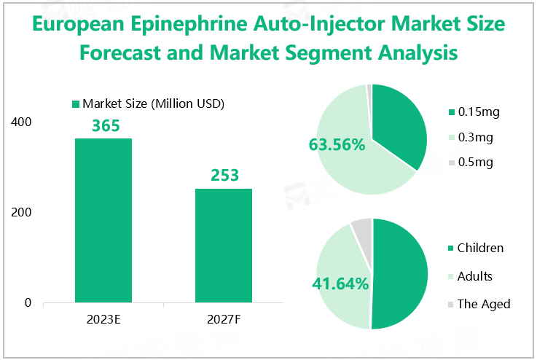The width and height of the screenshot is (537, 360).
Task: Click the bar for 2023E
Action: tap(103, 220)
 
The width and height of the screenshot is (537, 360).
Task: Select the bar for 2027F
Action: tap(224, 245)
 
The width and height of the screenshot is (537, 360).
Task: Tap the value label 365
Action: tap(106, 125)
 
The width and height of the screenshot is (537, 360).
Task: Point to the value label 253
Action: tap(224, 176)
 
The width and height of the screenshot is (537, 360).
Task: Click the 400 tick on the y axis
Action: tap(22, 122)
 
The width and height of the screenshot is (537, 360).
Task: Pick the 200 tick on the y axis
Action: tap(22, 212)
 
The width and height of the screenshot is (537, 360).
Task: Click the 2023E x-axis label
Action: tap(103, 319)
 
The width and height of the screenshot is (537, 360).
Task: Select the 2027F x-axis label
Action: tap(224, 319)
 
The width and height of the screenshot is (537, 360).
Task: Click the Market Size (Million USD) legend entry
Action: tap(147, 103)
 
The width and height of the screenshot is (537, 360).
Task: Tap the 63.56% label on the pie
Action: tap(337, 145)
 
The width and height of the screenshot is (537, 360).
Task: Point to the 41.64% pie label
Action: tap(340, 283)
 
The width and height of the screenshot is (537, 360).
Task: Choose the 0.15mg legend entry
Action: tap(477, 112)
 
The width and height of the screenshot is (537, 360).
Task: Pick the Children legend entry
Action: tap(479, 248)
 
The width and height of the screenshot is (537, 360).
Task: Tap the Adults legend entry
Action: tap(474, 276)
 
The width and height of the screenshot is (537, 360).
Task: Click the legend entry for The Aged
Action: tap(483, 304)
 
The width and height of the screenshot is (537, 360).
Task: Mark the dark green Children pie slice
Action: tap(399, 273)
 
